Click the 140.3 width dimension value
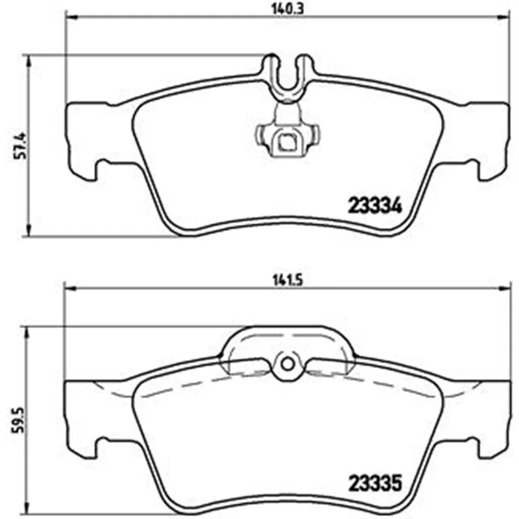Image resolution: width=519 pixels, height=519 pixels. click(287, 8)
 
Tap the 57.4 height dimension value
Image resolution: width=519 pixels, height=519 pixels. click(21, 146)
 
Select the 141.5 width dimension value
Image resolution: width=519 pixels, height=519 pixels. click(288, 281)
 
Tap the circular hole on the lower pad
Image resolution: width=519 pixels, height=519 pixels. click(287, 365)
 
